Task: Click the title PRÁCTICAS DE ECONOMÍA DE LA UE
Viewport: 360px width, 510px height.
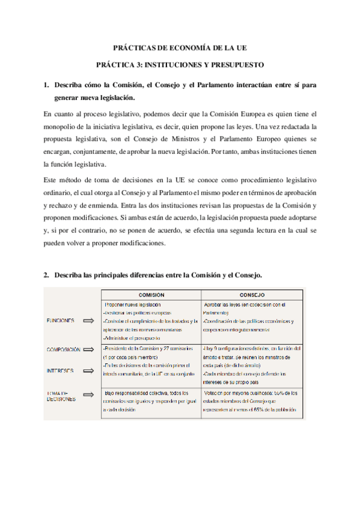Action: pos(180,48)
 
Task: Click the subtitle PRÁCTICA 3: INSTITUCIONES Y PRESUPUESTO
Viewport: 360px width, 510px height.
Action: pos(180,64)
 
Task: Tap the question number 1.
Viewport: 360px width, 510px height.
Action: pos(46,85)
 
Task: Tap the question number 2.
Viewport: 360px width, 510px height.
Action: pos(46,275)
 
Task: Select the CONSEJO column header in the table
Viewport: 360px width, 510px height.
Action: pos(252,295)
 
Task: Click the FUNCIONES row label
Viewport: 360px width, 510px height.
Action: pos(61,321)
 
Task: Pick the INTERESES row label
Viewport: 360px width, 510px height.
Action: pos(60,370)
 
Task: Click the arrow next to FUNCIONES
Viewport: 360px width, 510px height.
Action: pos(89,321)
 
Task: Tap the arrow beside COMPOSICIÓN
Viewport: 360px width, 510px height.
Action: pos(89,349)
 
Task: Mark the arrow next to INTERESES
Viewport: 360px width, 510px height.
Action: pos(89,370)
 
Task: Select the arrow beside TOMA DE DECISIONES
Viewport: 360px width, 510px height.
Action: pos(89,395)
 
